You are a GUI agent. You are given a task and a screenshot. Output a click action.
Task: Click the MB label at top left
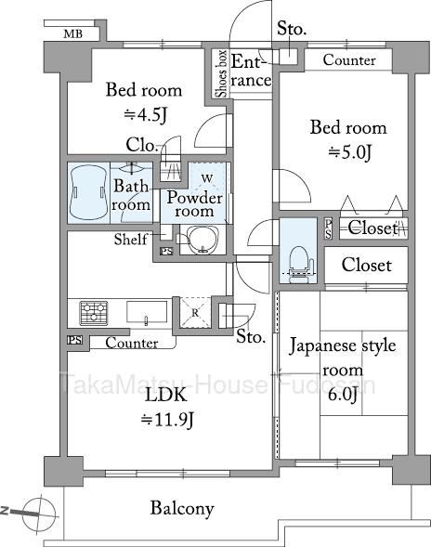click(x=73, y=33)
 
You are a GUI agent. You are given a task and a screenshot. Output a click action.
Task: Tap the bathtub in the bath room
click(x=88, y=193)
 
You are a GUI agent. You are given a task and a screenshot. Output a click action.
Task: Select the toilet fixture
click(x=298, y=262)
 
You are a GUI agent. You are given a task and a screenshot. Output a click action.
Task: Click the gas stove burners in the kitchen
click(x=94, y=313)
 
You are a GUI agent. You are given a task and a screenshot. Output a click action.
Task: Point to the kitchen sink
click(x=147, y=312)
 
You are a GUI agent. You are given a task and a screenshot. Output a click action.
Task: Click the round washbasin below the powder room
click(x=202, y=240)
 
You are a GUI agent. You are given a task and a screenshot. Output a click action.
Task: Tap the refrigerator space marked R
click(x=195, y=313)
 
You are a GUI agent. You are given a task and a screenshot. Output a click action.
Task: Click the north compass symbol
click(x=39, y=514)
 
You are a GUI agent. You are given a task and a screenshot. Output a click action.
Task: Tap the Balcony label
click(x=182, y=509)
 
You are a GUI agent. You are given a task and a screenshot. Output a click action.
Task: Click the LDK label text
click(x=165, y=396)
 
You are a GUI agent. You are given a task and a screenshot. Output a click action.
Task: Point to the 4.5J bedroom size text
click(x=146, y=114)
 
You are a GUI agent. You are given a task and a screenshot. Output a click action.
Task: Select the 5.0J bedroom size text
click(x=349, y=152)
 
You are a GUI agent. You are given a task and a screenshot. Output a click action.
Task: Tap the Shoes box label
click(x=221, y=74)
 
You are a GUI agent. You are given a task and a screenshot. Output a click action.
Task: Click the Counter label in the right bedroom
click(x=349, y=60)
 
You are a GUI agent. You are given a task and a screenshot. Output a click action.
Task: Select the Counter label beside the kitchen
click(x=132, y=343)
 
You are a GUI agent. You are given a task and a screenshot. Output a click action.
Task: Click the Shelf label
click(x=131, y=240)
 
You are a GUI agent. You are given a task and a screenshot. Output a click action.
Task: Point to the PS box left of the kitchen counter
click(x=75, y=340)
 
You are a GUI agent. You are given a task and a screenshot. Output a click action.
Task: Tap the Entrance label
click(x=251, y=71)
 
